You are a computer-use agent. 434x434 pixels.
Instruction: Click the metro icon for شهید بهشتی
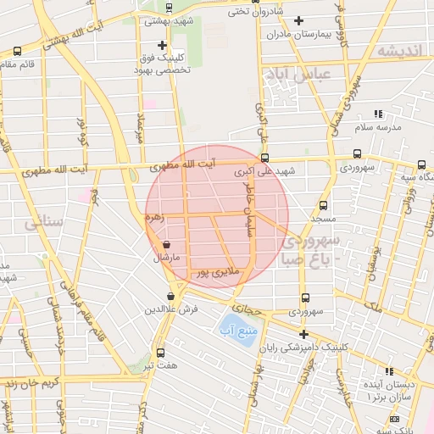[168, 7]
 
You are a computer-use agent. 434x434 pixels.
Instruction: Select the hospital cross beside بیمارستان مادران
[298, 20]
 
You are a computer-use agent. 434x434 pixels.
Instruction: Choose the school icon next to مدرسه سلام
[378, 113]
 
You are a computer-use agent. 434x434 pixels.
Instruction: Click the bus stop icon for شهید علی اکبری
[265, 158]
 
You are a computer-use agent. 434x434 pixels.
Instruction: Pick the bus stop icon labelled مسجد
[323, 205]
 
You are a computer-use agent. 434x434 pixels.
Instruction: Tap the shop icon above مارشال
[166, 244]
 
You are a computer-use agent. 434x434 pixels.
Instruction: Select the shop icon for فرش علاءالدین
[172, 297]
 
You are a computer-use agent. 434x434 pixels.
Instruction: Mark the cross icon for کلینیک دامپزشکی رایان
[303, 334]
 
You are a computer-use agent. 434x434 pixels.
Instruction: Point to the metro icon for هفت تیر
[161, 353]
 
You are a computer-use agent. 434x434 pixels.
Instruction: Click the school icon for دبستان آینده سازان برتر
[389, 371]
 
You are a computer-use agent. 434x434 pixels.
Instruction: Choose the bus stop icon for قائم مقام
[17, 52]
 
